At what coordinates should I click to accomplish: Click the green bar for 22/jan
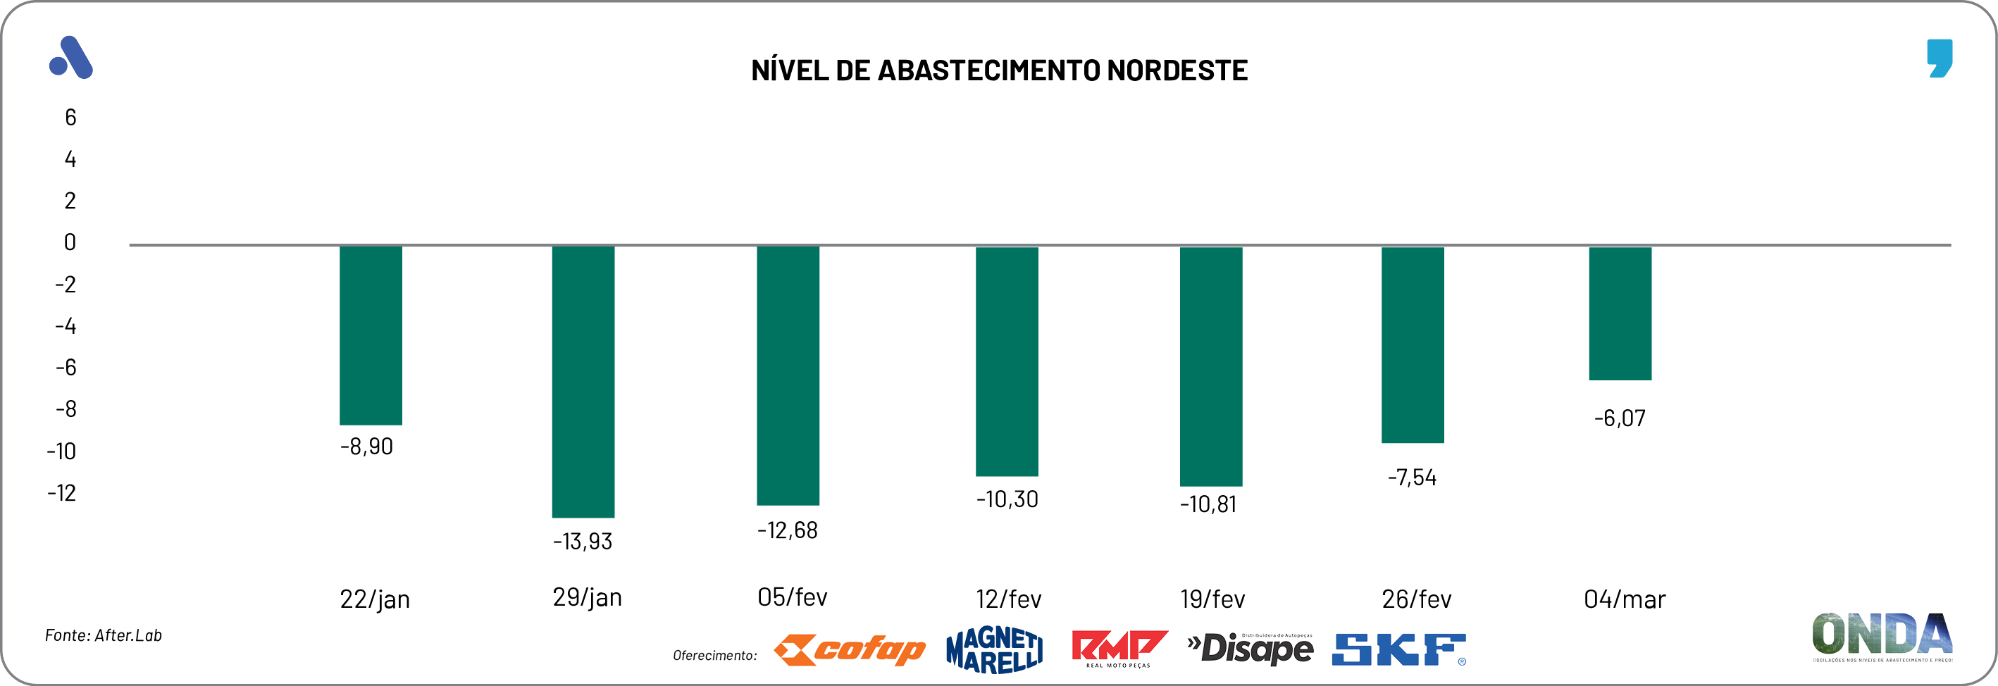point(371,335)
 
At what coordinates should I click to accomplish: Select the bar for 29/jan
point(583,381)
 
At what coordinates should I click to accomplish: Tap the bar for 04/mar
point(1620,313)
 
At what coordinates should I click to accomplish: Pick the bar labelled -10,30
point(1007,361)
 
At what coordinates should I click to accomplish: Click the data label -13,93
point(583,541)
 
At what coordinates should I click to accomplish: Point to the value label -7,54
point(1412,478)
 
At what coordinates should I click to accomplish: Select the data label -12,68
point(787,530)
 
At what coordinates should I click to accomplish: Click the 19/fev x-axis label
point(1212,599)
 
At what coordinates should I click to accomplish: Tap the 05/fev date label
point(792,597)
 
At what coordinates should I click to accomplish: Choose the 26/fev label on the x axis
point(1416,599)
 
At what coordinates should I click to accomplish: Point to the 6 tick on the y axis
point(70,118)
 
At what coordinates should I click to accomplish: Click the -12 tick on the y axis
point(62,493)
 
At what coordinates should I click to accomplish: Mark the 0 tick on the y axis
point(70,242)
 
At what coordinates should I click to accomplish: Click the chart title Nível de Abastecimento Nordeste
point(999,70)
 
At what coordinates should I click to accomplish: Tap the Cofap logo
point(850,649)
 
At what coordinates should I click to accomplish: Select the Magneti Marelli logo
point(994,649)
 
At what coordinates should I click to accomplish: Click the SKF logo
point(1398,649)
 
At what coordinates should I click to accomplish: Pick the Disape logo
point(1251,649)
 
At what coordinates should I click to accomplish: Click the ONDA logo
point(1882,635)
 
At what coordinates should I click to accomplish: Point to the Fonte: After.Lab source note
point(103,635)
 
